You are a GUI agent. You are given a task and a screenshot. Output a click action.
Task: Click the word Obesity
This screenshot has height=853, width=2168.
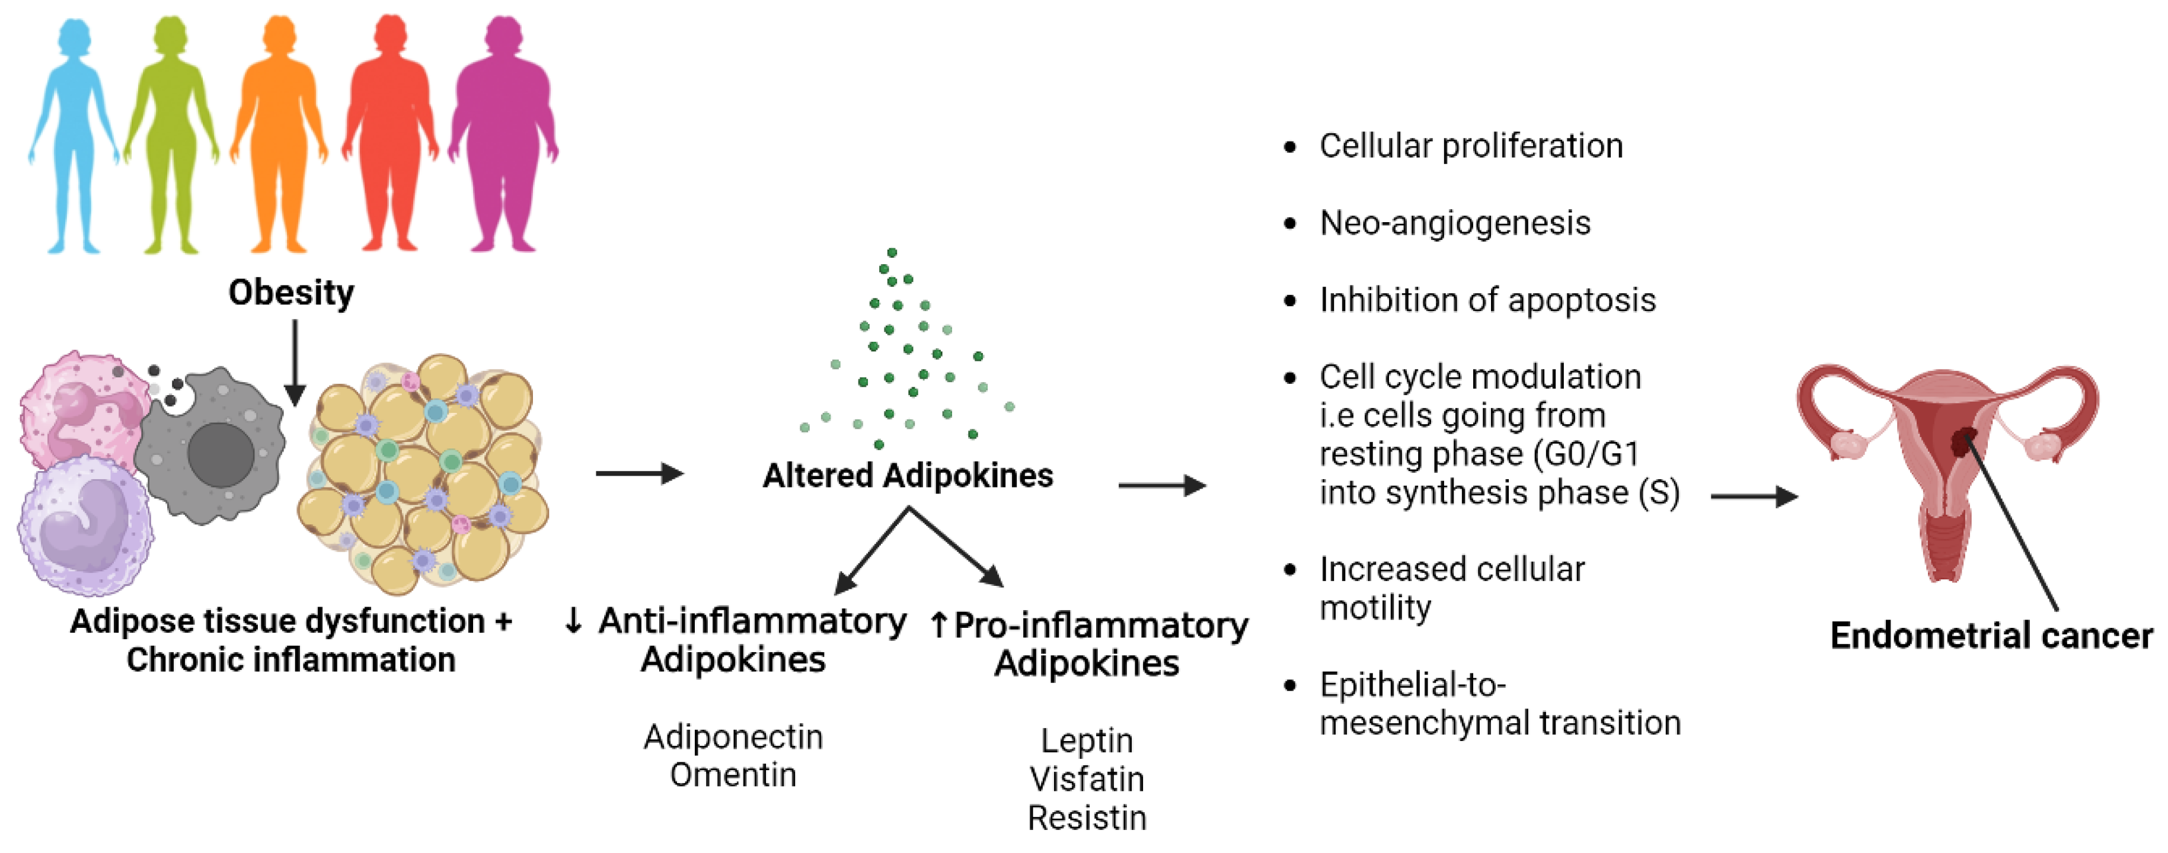[x=291, y=293]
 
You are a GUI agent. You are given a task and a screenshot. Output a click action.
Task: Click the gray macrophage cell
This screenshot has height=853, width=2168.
[x=215, y=450]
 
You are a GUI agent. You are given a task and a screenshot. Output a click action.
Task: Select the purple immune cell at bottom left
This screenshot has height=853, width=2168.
[x=84, y=526]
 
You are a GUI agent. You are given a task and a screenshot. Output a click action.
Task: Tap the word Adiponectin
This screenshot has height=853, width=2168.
[x=733, y=737]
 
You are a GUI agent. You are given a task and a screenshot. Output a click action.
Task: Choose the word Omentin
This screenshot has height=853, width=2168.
[x=733, y=775]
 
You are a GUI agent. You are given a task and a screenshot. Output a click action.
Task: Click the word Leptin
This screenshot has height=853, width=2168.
[x=1087, y=741]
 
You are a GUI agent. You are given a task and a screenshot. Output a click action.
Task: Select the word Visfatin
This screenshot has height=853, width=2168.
[x=1087, y=780]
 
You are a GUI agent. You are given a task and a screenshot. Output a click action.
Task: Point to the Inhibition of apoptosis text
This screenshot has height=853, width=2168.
[x=1487, y=300]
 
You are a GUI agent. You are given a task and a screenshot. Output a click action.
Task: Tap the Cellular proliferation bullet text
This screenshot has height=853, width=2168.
[x=1470, y=146]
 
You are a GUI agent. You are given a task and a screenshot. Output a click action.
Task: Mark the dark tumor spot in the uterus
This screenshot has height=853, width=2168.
[x=1963, y=441]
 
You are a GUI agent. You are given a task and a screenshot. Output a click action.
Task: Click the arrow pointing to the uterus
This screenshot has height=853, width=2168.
[x=1754, y=496]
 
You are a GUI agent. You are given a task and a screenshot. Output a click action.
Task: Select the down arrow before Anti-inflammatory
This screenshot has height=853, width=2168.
[x=573, y=621]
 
